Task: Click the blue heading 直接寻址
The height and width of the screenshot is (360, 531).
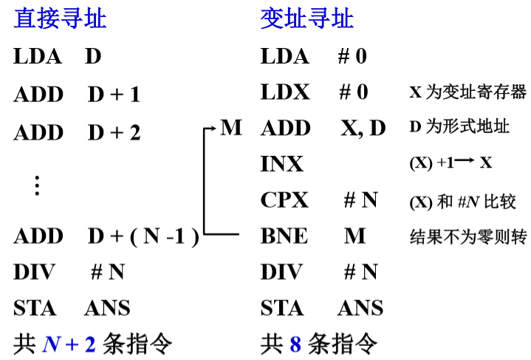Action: tap(60, 18)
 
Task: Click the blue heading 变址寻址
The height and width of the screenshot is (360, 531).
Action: tap(306, 18)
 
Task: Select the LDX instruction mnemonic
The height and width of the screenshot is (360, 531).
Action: tap(285, 92)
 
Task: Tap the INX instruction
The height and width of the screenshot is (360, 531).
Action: tap(282, 163)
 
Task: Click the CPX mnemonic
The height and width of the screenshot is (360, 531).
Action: tap(284, 200)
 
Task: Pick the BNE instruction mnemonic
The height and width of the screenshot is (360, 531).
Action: tap(284, 236)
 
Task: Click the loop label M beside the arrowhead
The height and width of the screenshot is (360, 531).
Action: tap(231, 127)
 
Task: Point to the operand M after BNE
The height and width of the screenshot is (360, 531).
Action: tap(355, 236)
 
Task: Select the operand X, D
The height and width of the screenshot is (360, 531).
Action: tap(363, 128)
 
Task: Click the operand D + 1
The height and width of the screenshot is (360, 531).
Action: tap(114, 94)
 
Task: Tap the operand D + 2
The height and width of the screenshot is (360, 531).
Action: tap(114, 132)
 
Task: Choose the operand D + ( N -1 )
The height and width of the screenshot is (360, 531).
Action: tap(143, 237)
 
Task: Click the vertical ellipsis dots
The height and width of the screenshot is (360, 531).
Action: tap(37, 186)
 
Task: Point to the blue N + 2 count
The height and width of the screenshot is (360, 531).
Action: tap(69, 344)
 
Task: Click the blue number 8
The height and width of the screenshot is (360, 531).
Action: tap(295, 344)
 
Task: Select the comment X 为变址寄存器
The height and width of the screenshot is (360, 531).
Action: tap(468, 92)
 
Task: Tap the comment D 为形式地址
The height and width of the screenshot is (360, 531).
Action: tap(459, 126)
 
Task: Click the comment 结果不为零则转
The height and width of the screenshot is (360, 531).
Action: tap(468, 237)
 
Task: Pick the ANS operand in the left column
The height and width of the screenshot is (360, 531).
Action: tap(108, 308)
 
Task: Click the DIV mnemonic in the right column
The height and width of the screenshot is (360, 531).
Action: tap(281, 271)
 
